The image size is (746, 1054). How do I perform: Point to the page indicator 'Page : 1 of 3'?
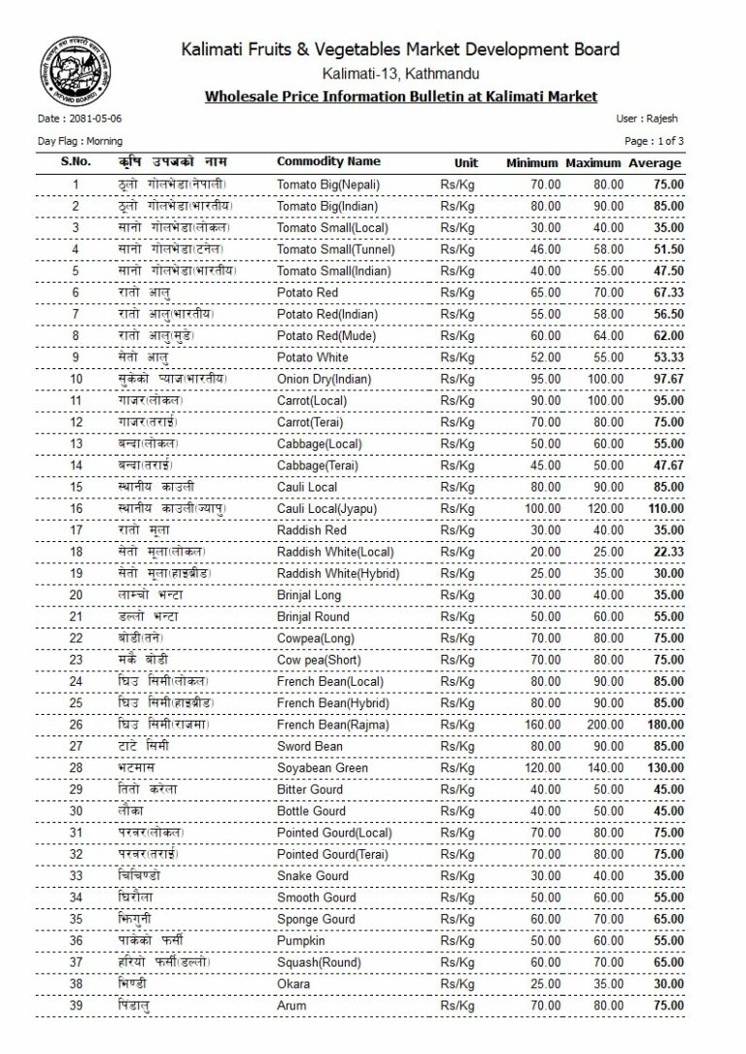654,141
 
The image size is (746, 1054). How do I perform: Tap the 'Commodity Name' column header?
328,161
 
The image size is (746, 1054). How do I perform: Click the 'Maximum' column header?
594,163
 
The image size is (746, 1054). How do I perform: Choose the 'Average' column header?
655,163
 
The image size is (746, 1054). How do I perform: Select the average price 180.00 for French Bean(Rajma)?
665,725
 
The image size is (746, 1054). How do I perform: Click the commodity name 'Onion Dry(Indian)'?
325,379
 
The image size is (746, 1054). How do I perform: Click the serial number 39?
76,1005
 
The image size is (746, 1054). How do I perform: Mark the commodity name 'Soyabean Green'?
322,768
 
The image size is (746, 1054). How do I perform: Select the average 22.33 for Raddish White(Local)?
667,552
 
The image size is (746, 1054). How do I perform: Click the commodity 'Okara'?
292,984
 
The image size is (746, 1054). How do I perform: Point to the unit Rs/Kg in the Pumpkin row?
457,940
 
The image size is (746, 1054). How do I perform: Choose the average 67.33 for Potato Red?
667,292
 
